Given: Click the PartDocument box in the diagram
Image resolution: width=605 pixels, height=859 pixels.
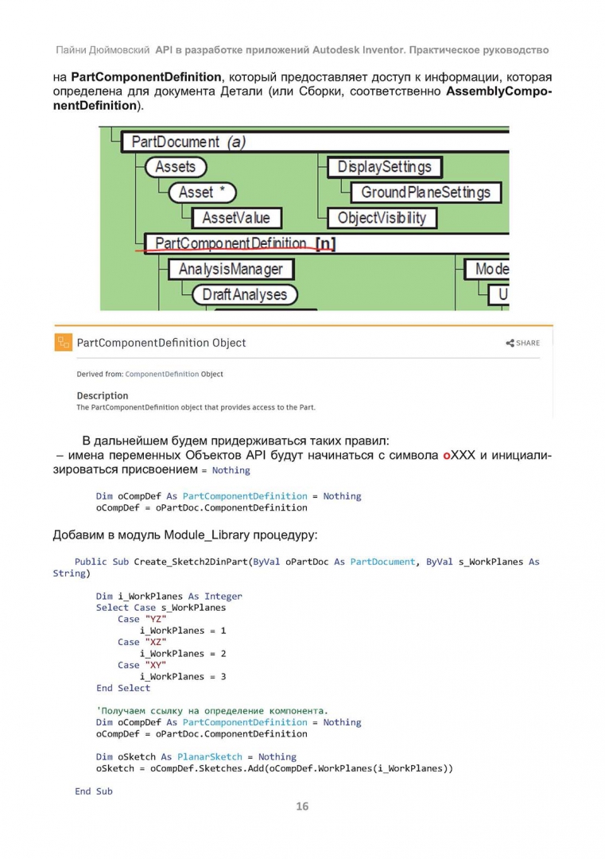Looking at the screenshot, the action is (x=315, y=142).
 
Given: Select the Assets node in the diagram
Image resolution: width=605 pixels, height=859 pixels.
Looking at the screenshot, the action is (x=175, y=166).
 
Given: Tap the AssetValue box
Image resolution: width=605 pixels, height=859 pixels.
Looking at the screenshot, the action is (x=237, y=218).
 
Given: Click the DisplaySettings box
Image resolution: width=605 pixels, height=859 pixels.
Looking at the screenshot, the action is (x=384, y=166).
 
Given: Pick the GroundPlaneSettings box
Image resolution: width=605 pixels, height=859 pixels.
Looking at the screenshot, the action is (x=425, y=192).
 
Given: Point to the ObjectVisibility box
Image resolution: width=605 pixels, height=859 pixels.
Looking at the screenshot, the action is (x=382, y=218).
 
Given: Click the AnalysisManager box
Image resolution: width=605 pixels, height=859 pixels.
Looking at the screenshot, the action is (x=231, y=269).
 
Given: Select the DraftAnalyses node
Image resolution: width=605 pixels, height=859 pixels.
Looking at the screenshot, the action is (x=244, y=295).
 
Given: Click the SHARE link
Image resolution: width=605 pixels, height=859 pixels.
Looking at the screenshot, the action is (x=523, y=343).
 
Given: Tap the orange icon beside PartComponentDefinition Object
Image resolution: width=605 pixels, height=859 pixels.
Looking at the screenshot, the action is (x=64, y=342).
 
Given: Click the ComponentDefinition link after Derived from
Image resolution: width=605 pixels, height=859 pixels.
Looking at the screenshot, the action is (x=162, y=374).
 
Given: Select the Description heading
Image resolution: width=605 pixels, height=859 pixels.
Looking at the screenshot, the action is (x=103, y=395).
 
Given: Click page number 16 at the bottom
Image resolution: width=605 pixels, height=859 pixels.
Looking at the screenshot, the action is (x=302, y=807).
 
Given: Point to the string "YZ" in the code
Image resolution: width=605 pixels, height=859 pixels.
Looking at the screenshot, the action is (x=156, y=619).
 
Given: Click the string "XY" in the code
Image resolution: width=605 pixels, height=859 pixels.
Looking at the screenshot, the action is (x=156, y=665).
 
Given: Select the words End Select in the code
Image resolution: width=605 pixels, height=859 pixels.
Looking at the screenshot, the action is (x=123, y=688).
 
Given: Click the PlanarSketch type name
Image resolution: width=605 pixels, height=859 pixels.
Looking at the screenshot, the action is (x=210, y=756).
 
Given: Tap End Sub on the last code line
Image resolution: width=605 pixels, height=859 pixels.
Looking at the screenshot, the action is (x=94, y=791).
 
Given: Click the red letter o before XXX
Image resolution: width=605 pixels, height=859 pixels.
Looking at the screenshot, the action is (x=447, y=456).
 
